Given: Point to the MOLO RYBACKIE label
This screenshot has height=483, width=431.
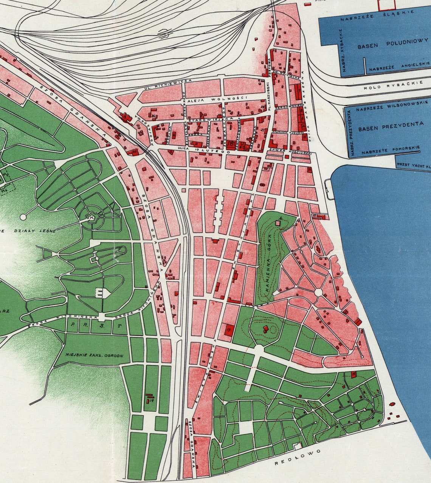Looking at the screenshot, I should pyautogui.click(x=393, y=86).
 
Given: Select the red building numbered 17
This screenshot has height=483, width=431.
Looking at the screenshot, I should pyautogui.click(x=229, y=329).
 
